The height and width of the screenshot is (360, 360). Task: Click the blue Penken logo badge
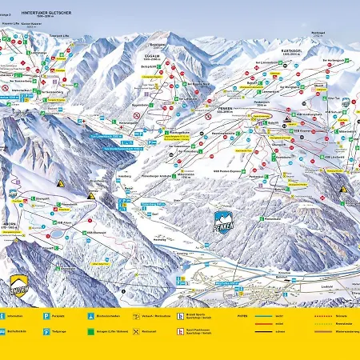(x=224, y=222)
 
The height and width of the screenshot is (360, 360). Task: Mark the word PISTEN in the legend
(x=242, y=315)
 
